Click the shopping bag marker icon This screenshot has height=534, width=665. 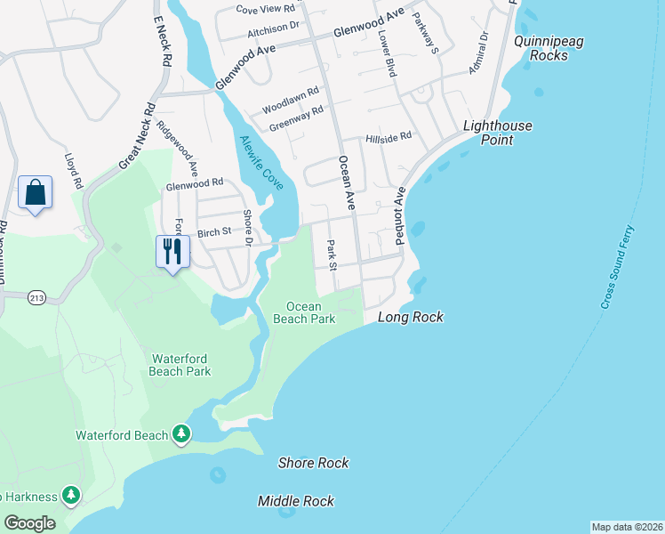click(35, 193)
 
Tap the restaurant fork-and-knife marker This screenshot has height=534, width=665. click(171, 252)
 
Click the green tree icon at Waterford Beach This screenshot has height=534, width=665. click(181, 433)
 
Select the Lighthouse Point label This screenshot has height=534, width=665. click(498, 133)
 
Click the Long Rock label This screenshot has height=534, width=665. click(410, 318)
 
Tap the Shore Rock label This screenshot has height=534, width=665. click(313, 463)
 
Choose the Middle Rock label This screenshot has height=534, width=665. click(296, 501)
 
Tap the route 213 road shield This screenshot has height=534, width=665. click(36, 296)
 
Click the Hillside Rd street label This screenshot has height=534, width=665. click(389, 137)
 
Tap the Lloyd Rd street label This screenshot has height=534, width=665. click(73, 172)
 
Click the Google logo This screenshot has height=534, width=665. click(29, 523)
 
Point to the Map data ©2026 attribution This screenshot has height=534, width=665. click(627, 526)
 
